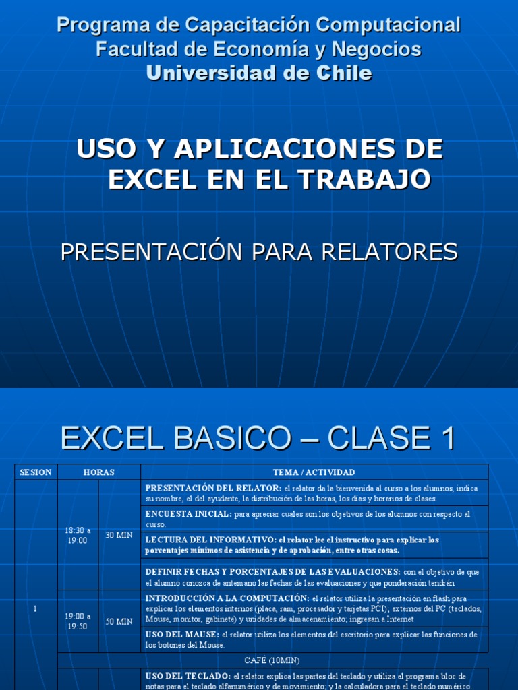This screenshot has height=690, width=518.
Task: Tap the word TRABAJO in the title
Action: point(364,179)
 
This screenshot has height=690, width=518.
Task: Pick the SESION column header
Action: point(36,472)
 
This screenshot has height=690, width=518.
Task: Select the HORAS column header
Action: point(99,472)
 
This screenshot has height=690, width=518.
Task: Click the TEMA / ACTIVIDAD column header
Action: point(314,472)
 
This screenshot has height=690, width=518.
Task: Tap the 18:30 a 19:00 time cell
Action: point(78,535)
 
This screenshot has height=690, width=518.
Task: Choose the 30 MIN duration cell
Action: point(119,535)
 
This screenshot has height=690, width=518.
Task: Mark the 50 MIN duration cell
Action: point(119,621)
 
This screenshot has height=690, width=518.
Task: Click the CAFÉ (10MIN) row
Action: point(272,661)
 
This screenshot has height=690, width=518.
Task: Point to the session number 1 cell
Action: point(36,608)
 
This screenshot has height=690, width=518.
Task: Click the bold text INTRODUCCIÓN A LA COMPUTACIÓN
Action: point(227,598)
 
